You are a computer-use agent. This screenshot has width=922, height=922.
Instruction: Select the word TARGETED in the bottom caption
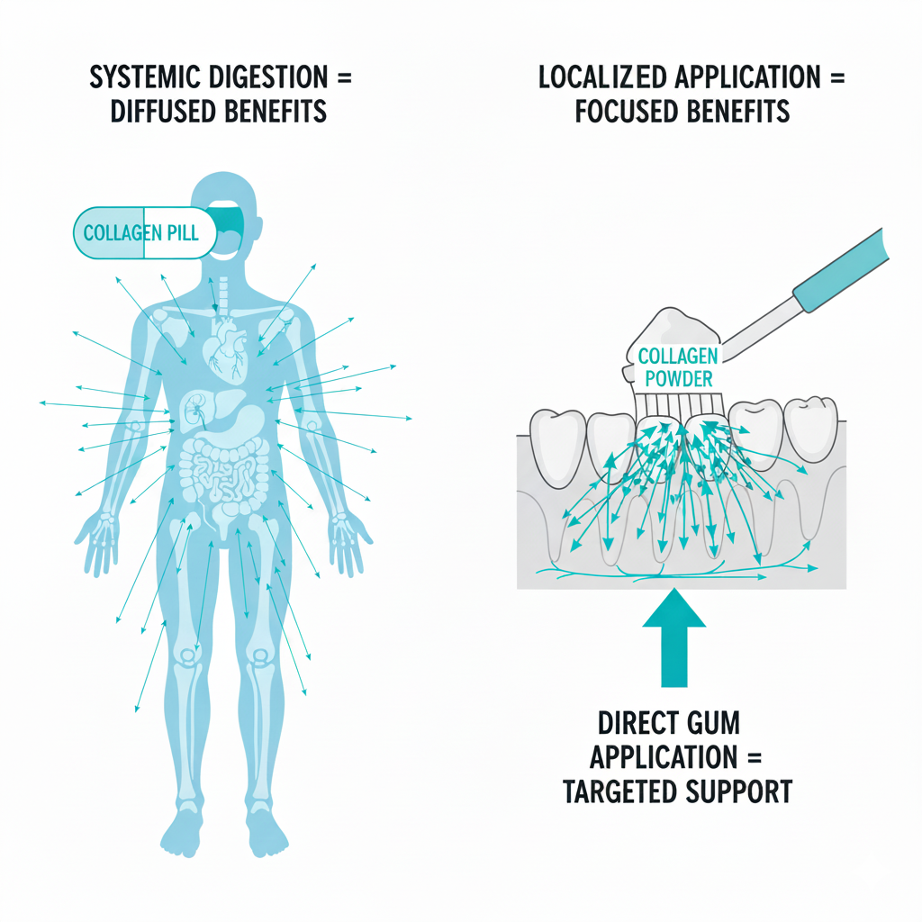tap(621, 791)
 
